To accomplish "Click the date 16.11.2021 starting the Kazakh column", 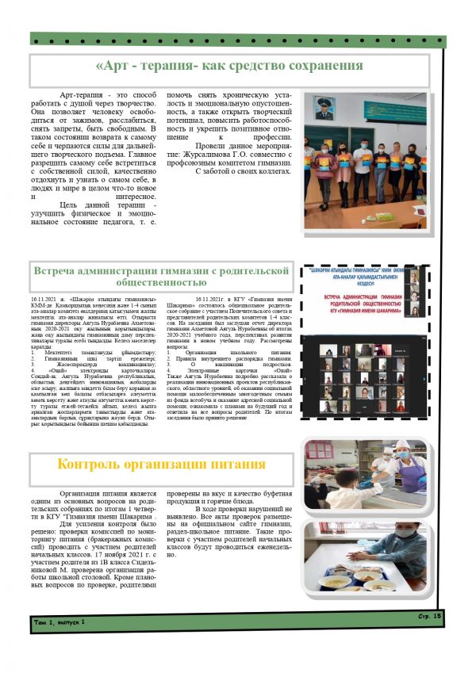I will pos(46,298).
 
